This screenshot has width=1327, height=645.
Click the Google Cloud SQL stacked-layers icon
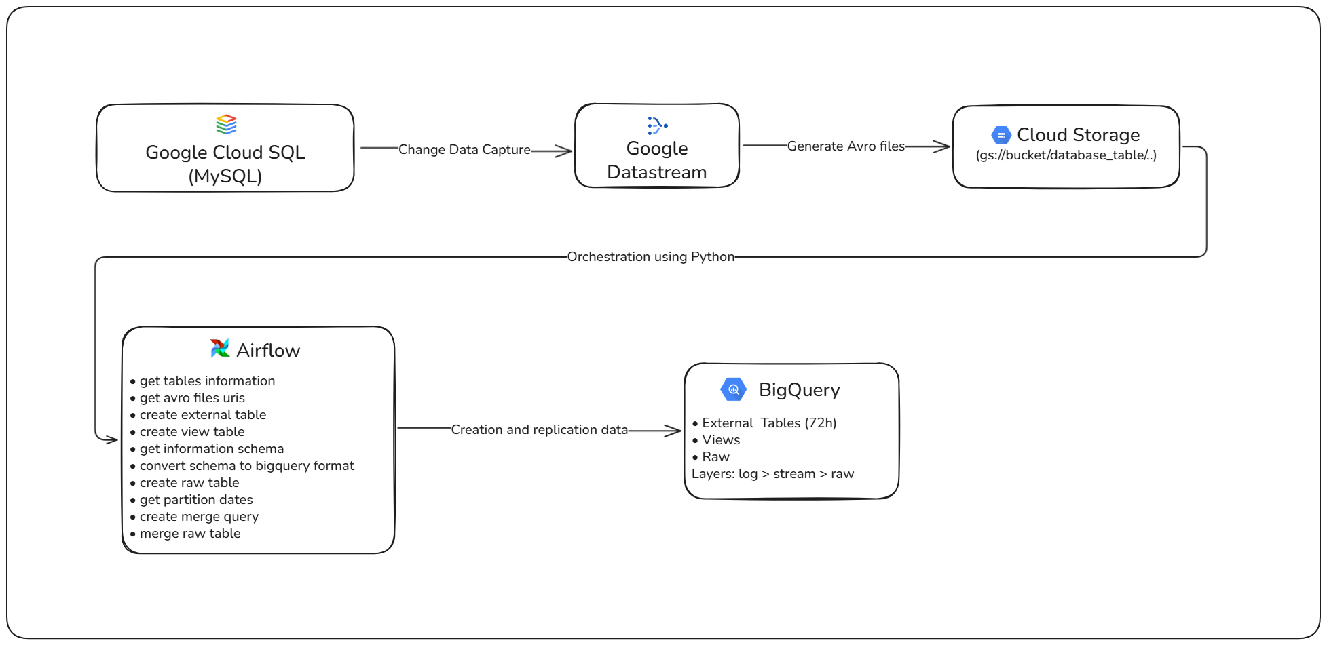226,124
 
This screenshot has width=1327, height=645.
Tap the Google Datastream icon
657,125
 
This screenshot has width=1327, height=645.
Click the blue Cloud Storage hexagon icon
1001,135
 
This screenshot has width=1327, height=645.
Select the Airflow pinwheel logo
220,349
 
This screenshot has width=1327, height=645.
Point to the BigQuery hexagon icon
733,389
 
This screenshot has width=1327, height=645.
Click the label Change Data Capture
464,149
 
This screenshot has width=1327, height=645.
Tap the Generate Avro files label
846,146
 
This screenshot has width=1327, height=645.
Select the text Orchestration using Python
650,256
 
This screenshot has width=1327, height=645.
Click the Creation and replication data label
539,429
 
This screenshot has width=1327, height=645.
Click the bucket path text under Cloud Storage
1066,155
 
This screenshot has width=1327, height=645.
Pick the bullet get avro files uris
192,397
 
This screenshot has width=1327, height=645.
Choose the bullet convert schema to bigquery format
246,465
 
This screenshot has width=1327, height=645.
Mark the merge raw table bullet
190,533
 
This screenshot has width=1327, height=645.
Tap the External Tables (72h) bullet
768,423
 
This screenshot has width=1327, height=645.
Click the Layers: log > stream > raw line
772,473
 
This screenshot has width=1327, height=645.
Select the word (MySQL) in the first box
225,176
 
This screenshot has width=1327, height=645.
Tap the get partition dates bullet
196,499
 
